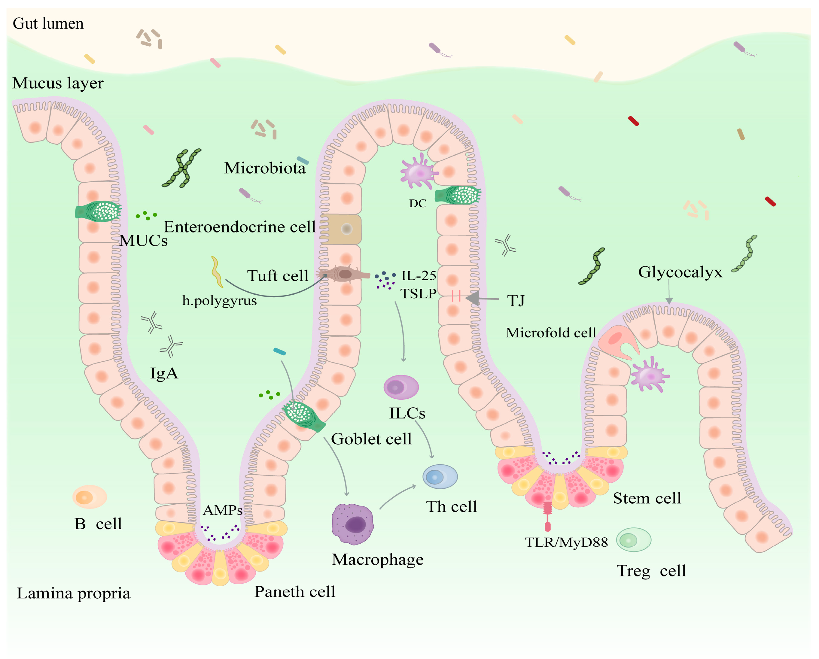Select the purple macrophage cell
click(x=352, y=524)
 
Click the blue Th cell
click(x=440, y=477)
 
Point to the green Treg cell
click(x=633, y=539)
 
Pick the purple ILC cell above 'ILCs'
click(x=401, y=387)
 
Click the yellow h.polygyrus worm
click(x=217, y=271)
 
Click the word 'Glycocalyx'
click(x=680, y=272)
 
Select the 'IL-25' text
click(x=419, y=275)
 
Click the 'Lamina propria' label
click(x=73, y=593)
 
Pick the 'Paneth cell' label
click(x=295, y=591)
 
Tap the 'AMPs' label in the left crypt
click(x=223, y=510)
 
